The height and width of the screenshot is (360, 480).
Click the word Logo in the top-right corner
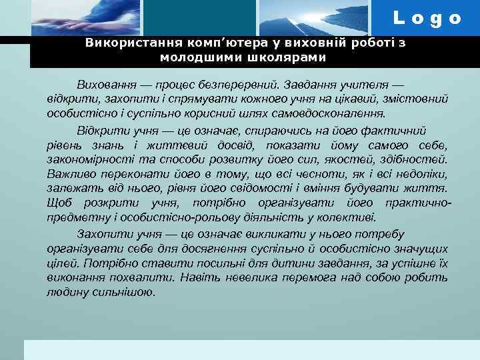[x=427, y=19]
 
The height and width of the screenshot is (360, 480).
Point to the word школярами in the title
[x=291, y=57]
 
